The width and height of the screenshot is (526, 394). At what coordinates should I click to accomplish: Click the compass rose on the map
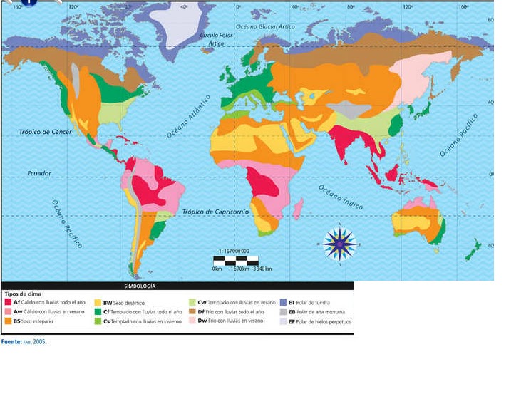(339, 243)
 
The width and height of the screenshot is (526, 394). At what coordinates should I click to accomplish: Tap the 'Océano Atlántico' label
(190, 116)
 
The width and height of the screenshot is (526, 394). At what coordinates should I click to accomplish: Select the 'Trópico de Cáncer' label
(46, 132)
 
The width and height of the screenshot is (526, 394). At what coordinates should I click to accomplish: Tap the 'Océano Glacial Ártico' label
(265, 26)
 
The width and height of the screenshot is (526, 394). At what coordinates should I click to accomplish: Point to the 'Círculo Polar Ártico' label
(217, 38)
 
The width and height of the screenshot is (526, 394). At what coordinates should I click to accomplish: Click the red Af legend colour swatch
(8, 302)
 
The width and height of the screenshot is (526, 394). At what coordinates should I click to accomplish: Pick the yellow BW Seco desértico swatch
(98, 302)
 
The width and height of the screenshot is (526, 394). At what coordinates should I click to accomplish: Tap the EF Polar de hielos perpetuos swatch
(282, 321)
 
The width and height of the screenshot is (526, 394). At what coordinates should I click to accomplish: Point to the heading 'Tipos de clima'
(19, 294)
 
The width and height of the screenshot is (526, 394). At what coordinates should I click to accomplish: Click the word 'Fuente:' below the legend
(11, 342)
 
